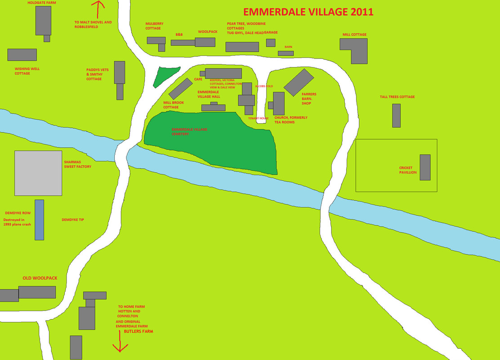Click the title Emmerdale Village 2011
click(308, 12)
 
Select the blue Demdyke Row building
click(40, 220)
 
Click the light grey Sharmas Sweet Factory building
click(38, 173)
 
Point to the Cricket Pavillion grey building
click(425, 167)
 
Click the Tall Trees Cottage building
click(396, 116)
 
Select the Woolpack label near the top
click(208, 32)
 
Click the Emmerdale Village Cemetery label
click(189, 131)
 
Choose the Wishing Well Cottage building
click(22, 55)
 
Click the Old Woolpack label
click(40, 278)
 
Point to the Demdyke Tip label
click(73, 220)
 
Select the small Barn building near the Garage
click(286, 53)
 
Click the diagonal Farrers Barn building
click(299, 82)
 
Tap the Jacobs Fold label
click(264, 86)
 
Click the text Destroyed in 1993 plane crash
click(18, 222)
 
